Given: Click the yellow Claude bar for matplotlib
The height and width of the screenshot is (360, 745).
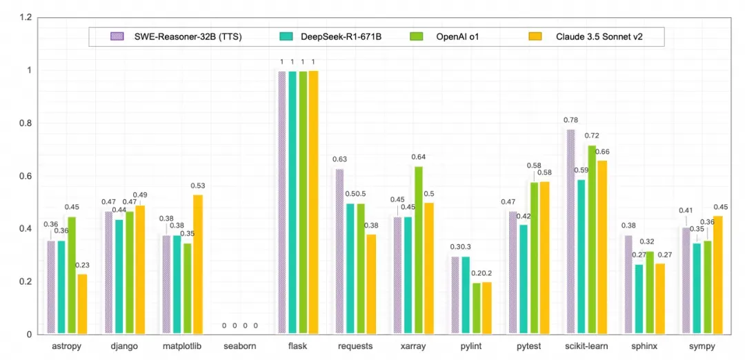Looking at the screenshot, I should pos(198,265).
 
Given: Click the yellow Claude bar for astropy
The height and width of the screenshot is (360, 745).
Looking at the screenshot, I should pos(82,304).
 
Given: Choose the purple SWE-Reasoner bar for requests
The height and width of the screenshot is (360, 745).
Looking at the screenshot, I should pos(339,252).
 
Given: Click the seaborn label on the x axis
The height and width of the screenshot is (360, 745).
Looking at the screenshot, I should pos(239,346).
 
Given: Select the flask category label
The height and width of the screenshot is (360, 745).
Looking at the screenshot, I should pos(298,346).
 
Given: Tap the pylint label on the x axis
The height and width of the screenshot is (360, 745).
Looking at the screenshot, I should pos(472,346).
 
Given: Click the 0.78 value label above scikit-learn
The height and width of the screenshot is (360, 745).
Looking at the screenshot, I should pos(570,121).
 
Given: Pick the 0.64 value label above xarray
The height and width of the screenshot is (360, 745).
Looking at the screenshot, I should pos(419,157).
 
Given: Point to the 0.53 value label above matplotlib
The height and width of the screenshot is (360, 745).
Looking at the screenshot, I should pos(198,186).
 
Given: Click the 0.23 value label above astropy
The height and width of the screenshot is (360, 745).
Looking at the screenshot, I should pos(82,266).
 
